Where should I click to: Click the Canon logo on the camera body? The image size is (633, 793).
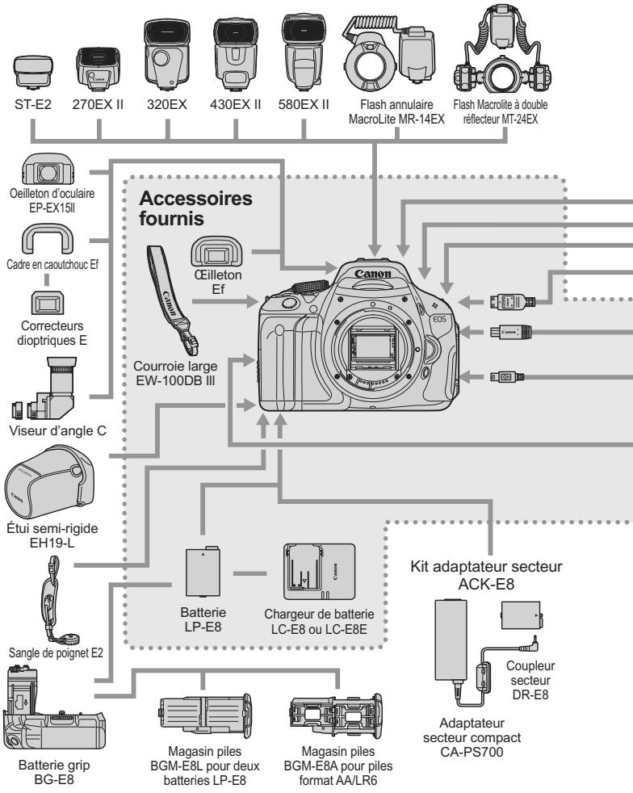[375, 275]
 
